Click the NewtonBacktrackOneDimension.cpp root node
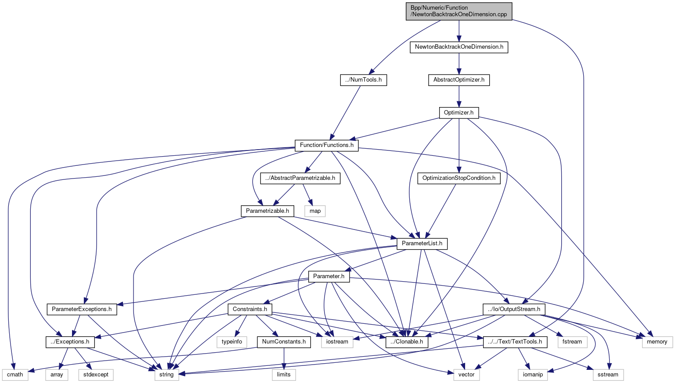click(x=458, y=11)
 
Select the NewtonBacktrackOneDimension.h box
click(x=459, y=47)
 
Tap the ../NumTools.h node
click(x=364, y=80)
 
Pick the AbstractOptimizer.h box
click(x=459, y=80)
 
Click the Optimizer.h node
click(x=458, y=113)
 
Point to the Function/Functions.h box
click(x=327, y=145)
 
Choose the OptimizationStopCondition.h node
click(x=458, y=178)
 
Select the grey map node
click(x=315, y=211)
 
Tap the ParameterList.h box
click(x=422, y=243)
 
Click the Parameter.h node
click(x=329, y=276)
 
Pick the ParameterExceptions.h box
click(x=82, y=309)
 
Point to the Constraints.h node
click(x=250, y=309)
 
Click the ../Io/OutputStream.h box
click(x=514, y=309)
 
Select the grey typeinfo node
click(x=232, y=342)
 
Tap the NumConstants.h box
click(x=284, y=342)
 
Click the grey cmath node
click(x=15, y=375)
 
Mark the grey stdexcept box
click(x=96, y=375)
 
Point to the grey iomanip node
click(x=533, y=375)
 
